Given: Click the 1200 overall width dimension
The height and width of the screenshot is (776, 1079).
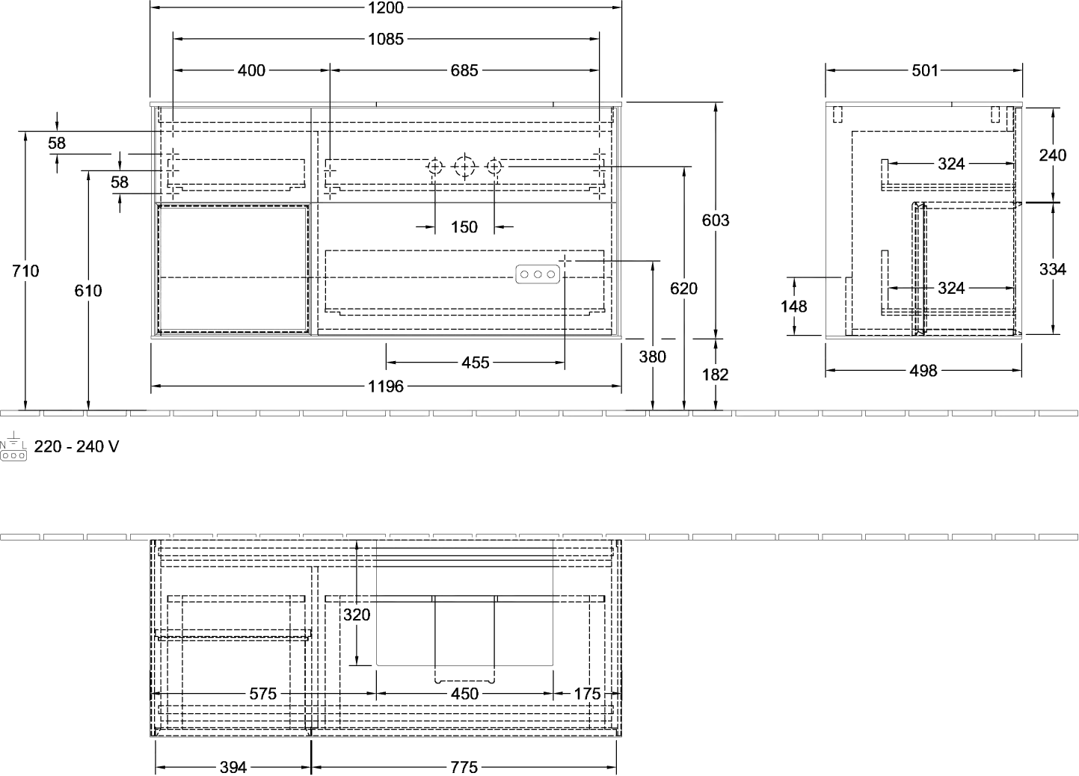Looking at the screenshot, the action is [386, 7].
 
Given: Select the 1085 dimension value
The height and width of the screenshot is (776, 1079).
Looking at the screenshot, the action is [386, 39].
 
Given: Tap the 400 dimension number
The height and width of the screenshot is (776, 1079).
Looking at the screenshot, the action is [251, 71].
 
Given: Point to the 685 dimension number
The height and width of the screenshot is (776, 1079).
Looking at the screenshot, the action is [464, 71].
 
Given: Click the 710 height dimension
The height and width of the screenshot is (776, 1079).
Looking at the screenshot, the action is [25, 271].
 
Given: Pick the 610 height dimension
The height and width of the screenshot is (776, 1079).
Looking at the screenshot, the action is [88, 291].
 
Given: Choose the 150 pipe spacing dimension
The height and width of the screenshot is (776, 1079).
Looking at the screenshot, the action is [464, 227].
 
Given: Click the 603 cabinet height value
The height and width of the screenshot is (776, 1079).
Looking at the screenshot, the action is [716, 220].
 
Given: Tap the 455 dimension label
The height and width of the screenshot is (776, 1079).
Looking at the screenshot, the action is [476, 363].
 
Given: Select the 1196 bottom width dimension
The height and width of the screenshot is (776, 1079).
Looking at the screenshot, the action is [386, 387].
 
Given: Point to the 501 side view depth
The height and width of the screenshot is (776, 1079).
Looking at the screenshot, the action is [925, 71].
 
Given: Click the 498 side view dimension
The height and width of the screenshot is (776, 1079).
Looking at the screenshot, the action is [923, 371].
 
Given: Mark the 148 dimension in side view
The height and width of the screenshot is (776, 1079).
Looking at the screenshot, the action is [794, 307].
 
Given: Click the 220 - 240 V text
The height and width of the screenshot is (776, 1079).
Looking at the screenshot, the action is [76, 447].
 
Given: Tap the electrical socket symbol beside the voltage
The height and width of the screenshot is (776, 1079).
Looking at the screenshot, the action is [13, 446].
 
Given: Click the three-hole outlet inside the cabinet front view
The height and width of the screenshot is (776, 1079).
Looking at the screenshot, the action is [538, 274].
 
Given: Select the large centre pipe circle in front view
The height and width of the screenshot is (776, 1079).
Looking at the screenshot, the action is [464, 167].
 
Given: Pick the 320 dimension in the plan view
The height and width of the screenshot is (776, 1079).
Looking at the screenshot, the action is [357, 615].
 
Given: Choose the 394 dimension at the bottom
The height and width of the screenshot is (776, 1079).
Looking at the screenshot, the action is [233, 767].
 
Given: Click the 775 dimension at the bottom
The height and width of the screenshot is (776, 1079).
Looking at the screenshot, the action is [464, 767].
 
